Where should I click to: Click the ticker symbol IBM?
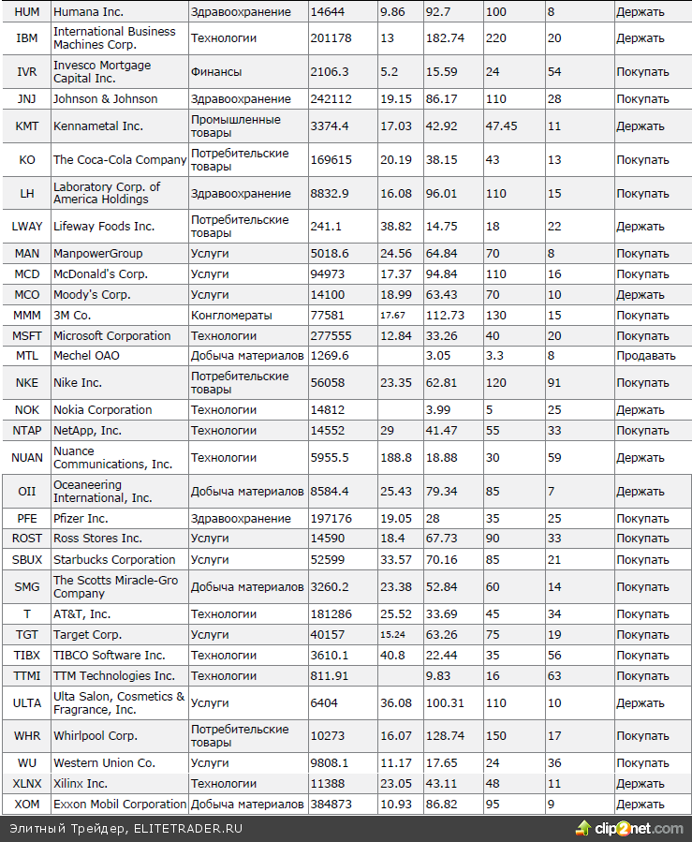(x=27, y=38)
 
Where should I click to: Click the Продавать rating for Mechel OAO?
(x=645, y=356)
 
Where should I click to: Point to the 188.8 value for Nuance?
(x=395, y=458)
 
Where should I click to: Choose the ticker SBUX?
(x=27, y=560)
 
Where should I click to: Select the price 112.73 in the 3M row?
(x=445, y=316)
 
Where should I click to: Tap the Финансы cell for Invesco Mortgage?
(x=215, y=72)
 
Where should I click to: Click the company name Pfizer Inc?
(x=81, y=519)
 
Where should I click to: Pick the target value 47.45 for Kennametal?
(x=502, y=126)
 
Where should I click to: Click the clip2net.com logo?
(x=632, y=829)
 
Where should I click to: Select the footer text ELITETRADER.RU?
(x=188, y=829)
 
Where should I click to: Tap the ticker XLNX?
(x=27, y=784)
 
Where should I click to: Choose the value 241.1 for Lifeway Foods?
(x=326, y=227)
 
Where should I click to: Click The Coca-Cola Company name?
(x=120, y=160)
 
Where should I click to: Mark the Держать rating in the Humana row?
(x=640, y=12)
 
